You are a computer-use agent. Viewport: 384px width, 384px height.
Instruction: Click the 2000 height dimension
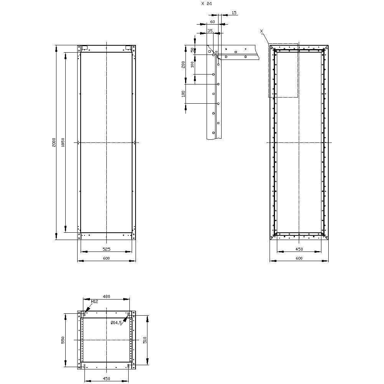pos(54,142)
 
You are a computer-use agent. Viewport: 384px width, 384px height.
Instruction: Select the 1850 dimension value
pos(63,142)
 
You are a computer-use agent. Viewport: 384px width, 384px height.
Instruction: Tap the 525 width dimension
pos(106,249)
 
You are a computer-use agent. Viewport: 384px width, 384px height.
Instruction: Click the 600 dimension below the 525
pos(106,258)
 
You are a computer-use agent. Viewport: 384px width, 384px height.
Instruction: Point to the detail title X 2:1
pos(206,3)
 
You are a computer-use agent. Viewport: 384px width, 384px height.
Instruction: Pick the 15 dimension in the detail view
pos(234,13)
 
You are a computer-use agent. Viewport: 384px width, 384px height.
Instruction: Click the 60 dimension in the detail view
pos(212,22)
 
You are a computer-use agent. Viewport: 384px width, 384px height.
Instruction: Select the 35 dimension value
pos(210,30)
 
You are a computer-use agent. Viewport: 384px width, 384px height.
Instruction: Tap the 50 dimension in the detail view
pos(192,50)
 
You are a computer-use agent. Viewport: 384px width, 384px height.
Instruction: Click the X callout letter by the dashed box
pos(261,30)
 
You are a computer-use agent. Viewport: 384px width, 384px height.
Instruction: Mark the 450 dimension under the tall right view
pos(299,249)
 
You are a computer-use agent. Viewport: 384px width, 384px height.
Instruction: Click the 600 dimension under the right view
pos(299,258)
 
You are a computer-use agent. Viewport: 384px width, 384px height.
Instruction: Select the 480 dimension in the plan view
pos(106,296)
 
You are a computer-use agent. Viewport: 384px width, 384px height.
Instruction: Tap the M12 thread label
pos(94,302)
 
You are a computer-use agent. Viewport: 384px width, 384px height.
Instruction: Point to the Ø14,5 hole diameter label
pos(116,323)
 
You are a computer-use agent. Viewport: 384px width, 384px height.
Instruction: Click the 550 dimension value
pos(63,340)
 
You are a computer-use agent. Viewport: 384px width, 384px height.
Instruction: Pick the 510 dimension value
pos(145,340)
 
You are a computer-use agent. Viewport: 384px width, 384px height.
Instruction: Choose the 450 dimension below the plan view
pos(106,379)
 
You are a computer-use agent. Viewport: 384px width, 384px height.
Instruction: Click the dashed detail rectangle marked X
pos(283,70)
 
